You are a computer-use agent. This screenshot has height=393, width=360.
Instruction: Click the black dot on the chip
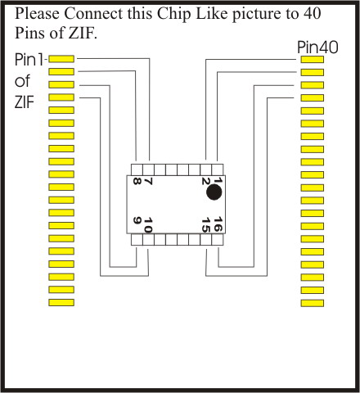pos(214,192)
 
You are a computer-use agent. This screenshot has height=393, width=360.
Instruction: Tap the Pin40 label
pos(317,47)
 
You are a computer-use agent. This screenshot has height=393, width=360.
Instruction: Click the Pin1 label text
pos(29,60)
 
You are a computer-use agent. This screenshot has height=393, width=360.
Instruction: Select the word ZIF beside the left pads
pos(25,102)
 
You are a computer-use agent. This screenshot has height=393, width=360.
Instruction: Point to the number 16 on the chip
pos(218,224)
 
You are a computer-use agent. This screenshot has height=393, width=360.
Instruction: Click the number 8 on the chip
pos(137,181)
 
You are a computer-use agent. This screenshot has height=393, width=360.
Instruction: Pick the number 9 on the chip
pos(137,220)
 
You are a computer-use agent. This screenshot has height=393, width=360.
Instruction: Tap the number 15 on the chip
pos(206,224)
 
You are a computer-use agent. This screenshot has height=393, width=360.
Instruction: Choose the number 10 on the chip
pos(148,225)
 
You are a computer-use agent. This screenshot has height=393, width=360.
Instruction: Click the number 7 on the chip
pos(148,181)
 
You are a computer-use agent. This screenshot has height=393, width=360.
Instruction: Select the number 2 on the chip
pos(205,181)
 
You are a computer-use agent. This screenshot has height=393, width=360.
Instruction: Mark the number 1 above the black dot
pos(218,180)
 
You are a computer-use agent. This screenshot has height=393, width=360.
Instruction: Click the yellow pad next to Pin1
pos(61,59)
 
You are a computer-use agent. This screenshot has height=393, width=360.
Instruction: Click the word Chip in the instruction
pos(173,13)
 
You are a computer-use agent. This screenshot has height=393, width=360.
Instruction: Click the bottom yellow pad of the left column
pos(61,302)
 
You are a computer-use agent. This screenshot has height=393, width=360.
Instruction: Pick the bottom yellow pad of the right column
pos(313,303)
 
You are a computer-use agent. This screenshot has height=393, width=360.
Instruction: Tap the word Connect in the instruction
pos(93,13)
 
